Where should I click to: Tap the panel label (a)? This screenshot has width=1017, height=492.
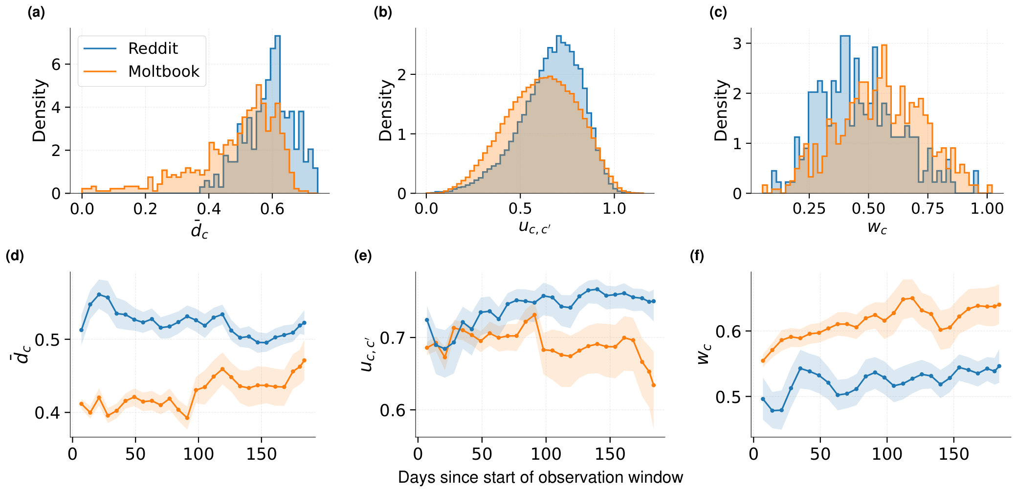(x=36, y=13)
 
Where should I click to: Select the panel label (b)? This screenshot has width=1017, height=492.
(x=383, y=13)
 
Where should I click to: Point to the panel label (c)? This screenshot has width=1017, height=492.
(x=718, y=13)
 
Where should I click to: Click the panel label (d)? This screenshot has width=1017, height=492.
(x=15, y=256)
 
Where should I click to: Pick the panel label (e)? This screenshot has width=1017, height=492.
(x=363, y=256)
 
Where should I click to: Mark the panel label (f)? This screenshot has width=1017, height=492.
(x=697, y=256)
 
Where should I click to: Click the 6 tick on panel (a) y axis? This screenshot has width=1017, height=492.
(x=56, y=65)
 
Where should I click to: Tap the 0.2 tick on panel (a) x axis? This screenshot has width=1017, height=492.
(x=145, y=209)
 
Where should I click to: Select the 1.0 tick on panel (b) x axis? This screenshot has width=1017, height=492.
(x=614, y=209)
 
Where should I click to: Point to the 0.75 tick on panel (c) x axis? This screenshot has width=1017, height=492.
(x=928, y=209)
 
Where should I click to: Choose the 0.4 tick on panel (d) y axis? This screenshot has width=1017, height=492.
(x=47, y=413)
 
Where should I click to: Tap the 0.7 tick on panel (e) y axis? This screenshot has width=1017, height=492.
(x=392, y=338)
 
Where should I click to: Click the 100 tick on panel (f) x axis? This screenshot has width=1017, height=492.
(x=887, y=454)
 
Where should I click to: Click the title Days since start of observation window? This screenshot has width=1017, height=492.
(x=540, y=477)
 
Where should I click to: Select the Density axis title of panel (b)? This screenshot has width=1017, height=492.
(x=386, y=111)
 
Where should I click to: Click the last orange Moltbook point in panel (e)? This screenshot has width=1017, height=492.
(x=653, y=385)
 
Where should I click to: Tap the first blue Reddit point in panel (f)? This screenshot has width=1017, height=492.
(x=763, y=399)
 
